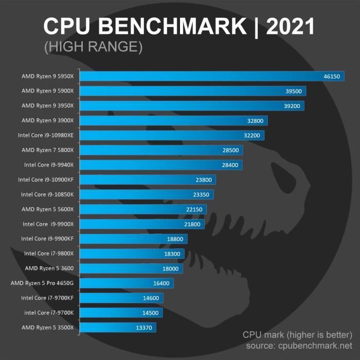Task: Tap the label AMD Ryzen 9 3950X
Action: click(47, 105)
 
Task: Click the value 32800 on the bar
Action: click(257, 121)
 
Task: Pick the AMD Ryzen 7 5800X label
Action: click(47, 150)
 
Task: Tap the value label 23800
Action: click(205, 180)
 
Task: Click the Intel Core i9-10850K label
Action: click(47, 195)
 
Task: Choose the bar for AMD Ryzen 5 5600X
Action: click(144, 209)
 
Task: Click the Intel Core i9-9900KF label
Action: click(47, 239)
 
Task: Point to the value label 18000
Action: click(171, 268)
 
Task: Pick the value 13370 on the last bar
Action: click(145, 328)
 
